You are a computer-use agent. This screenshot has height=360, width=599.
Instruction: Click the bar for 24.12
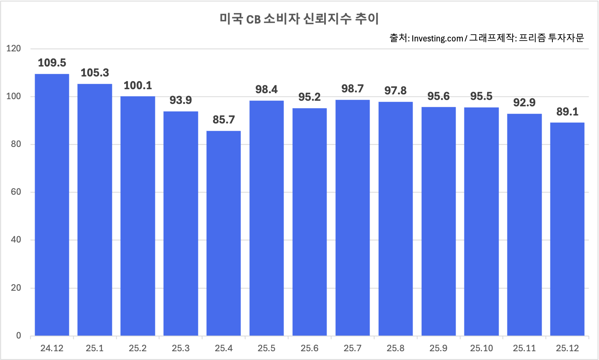click(52, 205)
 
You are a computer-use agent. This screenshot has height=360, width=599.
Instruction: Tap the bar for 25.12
click(567, 229)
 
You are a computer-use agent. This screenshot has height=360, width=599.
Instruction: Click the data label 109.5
click(52, 63)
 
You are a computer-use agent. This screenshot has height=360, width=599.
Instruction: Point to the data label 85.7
click(223, 120)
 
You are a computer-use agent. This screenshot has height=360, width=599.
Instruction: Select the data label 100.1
click(138, 86)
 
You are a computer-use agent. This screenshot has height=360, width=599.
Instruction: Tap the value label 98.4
click(266, 90)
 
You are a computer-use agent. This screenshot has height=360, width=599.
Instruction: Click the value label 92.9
click(524, 103)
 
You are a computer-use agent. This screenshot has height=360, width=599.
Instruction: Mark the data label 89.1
click(567, 112)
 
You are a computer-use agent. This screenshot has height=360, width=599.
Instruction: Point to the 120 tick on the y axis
click(14, 49)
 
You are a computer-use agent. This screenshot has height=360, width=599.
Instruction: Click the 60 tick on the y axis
click(16, 192)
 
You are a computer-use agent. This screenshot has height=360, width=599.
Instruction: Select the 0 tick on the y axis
click(18, 336)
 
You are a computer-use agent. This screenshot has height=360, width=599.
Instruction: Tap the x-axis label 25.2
click(138, 348)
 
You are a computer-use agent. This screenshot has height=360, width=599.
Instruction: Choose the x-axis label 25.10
click(481, 348)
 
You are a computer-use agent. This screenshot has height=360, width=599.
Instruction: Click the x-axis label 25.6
click(309, 348)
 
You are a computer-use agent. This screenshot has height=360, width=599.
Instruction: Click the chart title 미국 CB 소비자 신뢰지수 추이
click(299, 19)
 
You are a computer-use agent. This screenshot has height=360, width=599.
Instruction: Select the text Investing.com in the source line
click(437, 39)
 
